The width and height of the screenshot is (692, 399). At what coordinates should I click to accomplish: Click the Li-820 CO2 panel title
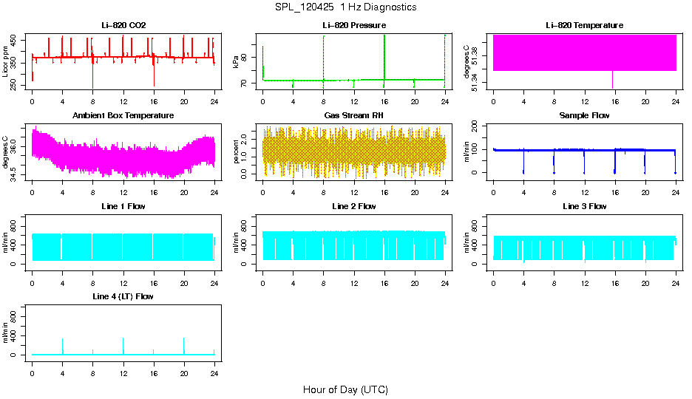pos(123,26)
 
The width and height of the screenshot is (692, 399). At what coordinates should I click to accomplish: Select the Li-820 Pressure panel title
pos(353,26)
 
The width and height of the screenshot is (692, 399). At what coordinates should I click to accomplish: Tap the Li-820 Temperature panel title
pos(584,26)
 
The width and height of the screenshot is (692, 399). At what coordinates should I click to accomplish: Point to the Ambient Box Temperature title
pos(123,116)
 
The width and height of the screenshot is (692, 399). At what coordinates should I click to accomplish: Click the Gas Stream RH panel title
pos(353,116)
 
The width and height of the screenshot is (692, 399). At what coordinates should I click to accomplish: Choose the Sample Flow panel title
pos(584,116)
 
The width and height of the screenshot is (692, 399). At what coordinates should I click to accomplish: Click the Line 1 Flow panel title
pos(123,206)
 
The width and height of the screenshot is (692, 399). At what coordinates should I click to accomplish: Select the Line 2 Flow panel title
pos(353,206)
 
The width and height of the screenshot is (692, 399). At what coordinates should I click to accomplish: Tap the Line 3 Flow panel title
pos(584,206)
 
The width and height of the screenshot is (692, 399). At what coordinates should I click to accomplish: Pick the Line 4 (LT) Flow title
pos(123,296)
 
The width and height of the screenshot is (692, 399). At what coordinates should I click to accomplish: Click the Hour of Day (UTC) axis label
pos(345,389)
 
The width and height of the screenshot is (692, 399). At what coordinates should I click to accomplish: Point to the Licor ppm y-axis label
pos(6,62)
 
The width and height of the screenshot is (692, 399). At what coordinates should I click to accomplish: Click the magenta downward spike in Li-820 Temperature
pos(612,80)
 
